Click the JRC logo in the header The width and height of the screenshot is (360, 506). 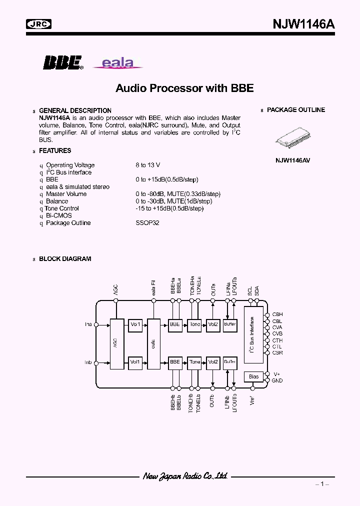tap(39, 23)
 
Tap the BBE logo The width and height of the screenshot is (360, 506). tap(62, 62)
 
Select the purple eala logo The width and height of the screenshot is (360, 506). tap(118, 63)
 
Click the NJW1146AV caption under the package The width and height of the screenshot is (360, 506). tap(292, 160)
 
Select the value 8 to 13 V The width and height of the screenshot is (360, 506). tap(147, 165)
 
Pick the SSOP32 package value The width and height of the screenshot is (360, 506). tap(147, 223)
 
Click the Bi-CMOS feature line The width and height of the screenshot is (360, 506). tap(58, 215)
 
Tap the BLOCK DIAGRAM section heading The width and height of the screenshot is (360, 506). tap(65, 259)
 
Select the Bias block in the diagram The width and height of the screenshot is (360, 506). tap(253, 376)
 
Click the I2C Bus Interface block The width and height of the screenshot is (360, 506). tap(253, 335)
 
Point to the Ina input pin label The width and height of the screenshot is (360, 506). tap(88, 324)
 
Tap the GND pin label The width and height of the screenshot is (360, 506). tap(277, 380)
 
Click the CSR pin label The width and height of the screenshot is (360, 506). tap(277, 353)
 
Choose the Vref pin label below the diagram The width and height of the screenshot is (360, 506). tap(252, 400)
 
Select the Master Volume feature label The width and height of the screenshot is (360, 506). tap(66, 194)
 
